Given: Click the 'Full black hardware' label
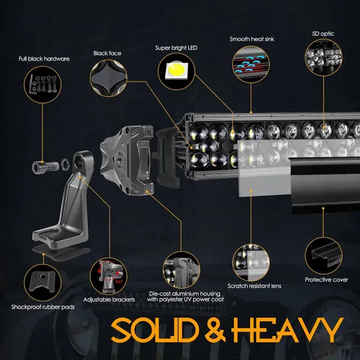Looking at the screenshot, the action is click(44, 59).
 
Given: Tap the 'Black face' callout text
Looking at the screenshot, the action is click(107, 53).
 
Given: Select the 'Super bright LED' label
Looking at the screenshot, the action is click(176, 48).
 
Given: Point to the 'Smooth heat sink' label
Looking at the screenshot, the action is click(251, 39).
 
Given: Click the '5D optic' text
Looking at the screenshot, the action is click(323, 34).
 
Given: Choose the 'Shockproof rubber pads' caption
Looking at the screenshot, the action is click(42, 307).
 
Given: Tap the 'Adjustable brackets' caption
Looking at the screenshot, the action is click(109, 300).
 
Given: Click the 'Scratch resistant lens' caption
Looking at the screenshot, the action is click(254, 286).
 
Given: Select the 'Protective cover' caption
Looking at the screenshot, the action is click(326, 279).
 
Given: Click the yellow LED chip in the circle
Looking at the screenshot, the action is click(176, 70).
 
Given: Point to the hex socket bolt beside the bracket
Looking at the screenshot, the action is click(45, 166).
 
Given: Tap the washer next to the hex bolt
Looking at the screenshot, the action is click(65, 164).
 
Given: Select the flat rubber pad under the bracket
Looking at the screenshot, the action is click(62, 253).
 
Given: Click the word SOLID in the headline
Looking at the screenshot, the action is click(155, 330).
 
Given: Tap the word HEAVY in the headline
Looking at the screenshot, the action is click(287, 330).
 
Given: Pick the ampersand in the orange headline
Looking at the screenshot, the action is click(215, 330).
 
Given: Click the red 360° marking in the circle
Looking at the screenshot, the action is click(119, 282).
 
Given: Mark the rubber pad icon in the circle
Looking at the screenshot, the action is click(42, 282).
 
